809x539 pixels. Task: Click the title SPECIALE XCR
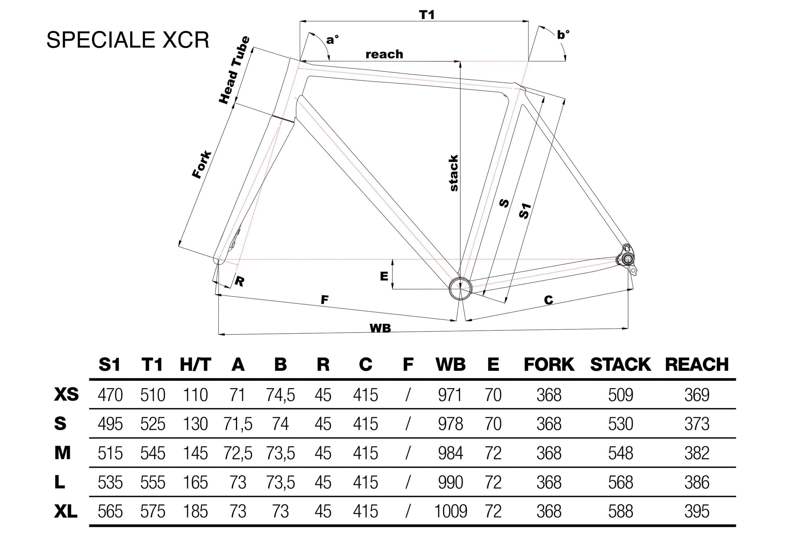pyautogui.click(x=128, y=40)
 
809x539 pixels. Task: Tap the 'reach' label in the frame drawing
pyautogui.click(x=384, y=54)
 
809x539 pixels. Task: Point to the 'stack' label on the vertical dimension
pyautogui.click(x=454, y=173)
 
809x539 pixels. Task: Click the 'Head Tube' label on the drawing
pyautogui.click(x=234, y=70)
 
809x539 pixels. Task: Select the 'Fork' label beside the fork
pyautogui.click(x=202, y=164)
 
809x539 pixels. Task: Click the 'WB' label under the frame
pyautogui.click(x=380, y=328)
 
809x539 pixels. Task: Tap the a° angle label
pyautogui.click(x=332, y=40)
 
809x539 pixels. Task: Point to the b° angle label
pyautogui.click(x=563, y=35)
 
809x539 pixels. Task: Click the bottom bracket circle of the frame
pyautogui.click(x=460, y=288)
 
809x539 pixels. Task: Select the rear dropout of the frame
pyautogui.click(x=628, y=259)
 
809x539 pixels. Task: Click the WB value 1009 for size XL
pyautogui.click(x=451, y=511)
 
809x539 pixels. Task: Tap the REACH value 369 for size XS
pyautogui.click(x=696, y=395)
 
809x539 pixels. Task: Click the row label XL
pyautogui.click(x=66, y=511)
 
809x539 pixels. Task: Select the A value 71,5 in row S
pyautogui.click(x=238, y=424)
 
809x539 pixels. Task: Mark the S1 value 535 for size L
pyautogui.click(x=110, y=482)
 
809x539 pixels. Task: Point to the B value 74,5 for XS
pyautogui.click(x=280, y=395)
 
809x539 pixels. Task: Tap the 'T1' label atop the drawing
pyautogui.click(x=427, y=15)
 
